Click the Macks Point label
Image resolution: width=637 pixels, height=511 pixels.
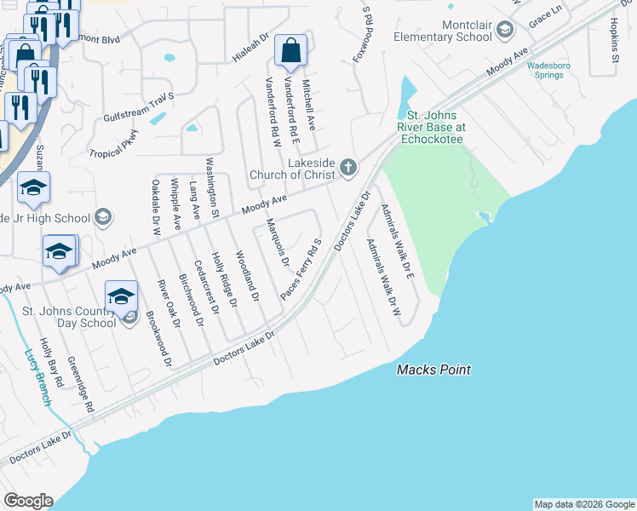pyautogui.click(x=433, y=370)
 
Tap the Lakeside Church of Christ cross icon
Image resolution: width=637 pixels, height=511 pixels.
pyautogui.click(x=347, y=168)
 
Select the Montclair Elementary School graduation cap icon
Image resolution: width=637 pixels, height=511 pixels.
pyautogui.click(x=505, y=32)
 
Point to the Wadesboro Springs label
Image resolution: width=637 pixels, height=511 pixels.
pyautogui.click(x=545, y=70)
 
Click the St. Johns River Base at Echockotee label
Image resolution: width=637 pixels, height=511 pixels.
pyautogui.click(x=430, y=127)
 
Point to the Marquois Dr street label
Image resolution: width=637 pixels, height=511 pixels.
pyautogui.click(x=277, y=241)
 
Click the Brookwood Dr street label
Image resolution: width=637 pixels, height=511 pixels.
pyautogui.click(x=158, y=336)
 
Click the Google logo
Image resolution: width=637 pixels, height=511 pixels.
pyautogui.click(x=28, y=501)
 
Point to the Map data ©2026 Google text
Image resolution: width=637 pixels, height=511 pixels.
pyautogui.click(x=583, y=504)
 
